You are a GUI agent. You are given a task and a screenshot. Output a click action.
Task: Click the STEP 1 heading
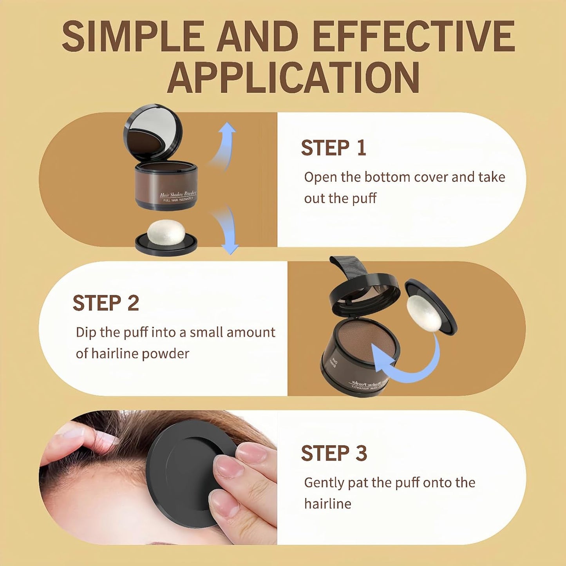click(333, 148)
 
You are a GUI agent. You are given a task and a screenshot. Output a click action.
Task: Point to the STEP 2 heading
click(106, 303)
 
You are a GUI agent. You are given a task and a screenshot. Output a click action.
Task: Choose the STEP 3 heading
click(334, 454)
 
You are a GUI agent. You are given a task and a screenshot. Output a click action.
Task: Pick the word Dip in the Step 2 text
click(86, 332)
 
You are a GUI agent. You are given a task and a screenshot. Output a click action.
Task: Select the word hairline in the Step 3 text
click(327, 504)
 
